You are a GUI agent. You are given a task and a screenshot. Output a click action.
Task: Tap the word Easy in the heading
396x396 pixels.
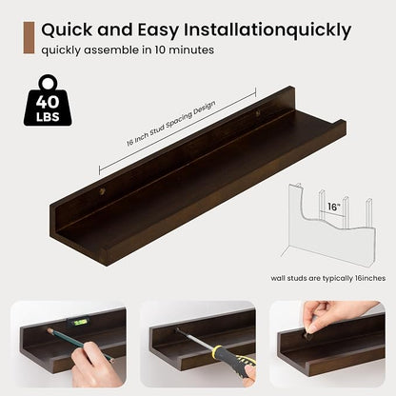click(x=158, y=30)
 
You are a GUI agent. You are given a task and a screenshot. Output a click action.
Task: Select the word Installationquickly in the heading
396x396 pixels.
click(x=267, y=30)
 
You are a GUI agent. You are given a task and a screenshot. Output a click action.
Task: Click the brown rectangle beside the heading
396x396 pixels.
click(x=29, y=38)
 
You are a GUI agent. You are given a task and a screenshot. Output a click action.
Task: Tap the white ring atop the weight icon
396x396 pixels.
click(x=49, y=82)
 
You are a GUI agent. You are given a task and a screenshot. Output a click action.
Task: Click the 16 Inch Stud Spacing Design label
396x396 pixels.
click(x=171, y=124)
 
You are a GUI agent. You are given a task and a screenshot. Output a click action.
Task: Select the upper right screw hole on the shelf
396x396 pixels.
click(x=258, y=112)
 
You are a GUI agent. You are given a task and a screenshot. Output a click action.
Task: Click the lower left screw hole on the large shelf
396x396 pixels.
click(x=103, y=191)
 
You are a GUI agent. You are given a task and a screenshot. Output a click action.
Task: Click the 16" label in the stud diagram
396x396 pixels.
click(x=334, y=207)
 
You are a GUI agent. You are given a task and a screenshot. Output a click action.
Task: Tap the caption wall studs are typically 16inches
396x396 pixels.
click(x=328, y=278)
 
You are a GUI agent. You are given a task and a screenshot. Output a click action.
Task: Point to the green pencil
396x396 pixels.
click(x=81, y=345)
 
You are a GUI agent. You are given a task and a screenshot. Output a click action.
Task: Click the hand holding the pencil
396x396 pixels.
click(x=94, y=365)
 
